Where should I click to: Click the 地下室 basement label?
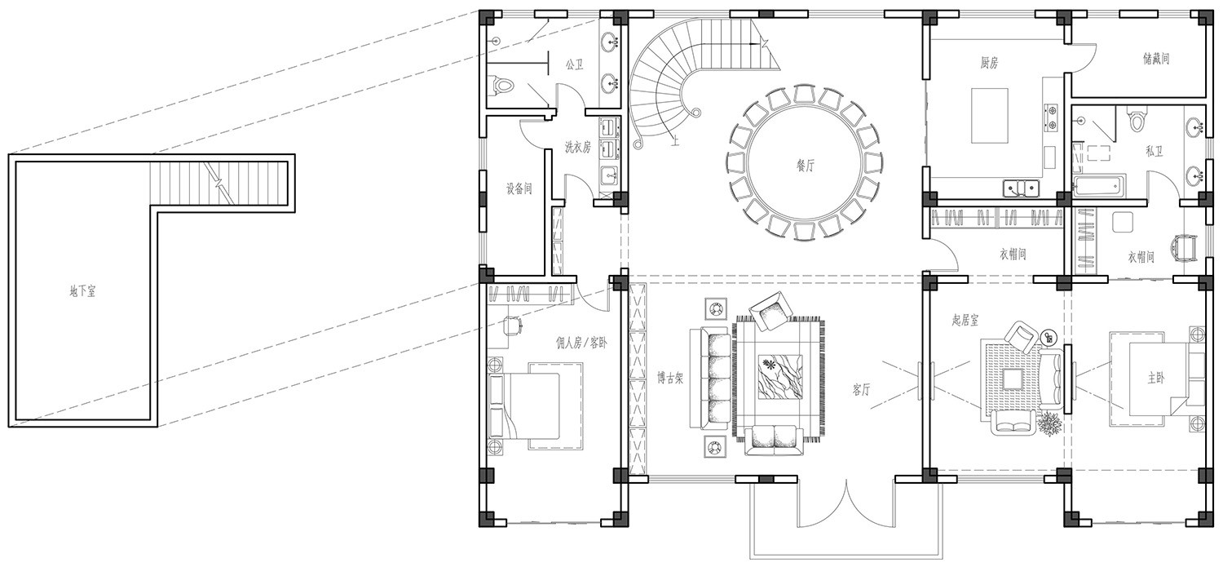[82, 291]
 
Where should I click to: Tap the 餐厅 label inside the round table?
[806, 165]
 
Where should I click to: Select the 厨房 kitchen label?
[989, 64]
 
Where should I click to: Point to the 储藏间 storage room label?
[1156, 59]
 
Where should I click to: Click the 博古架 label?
[670, 378]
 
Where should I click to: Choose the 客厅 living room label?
[861, 389]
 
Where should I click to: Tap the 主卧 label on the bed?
[1155, 378]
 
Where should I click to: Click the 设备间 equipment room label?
[519, 189]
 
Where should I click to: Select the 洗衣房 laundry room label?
[577, 147]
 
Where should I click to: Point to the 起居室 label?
[965, 320]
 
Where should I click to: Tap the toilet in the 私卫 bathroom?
[1137, 119]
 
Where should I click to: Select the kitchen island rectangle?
[989, 116]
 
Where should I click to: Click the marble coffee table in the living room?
[779, 377]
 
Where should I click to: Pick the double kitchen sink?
[1021, 188]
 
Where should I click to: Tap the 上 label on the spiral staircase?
[675, 141]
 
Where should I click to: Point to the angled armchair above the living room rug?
[770, 311]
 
